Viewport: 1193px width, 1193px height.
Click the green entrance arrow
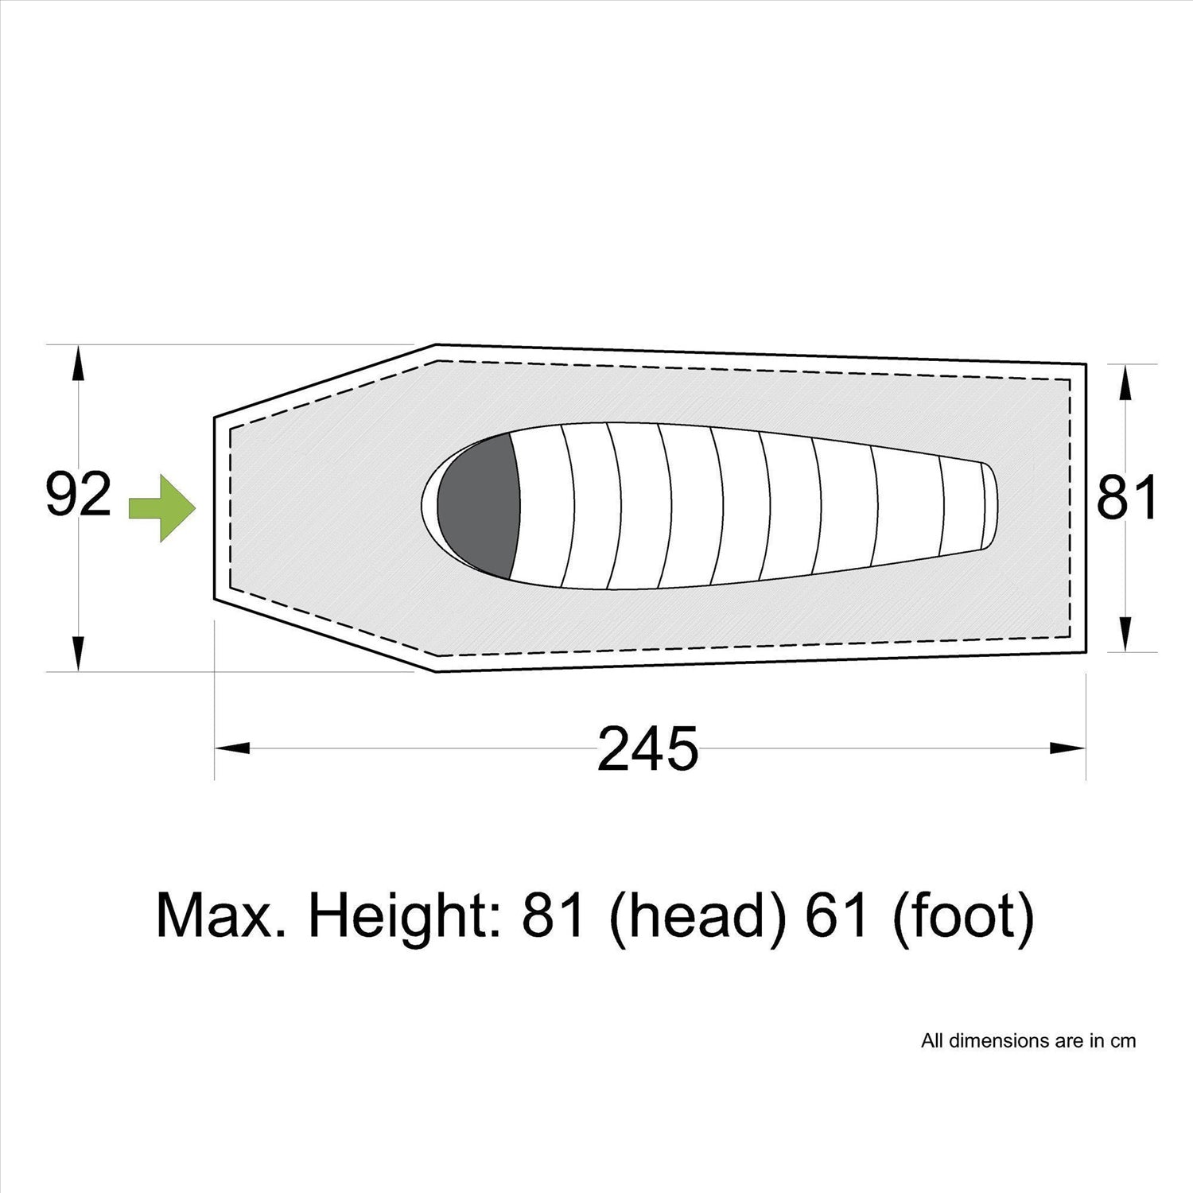pyautogui.click(x=162, y=509)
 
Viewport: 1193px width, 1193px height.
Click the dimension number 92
pyautogui.click(x=78, y=495)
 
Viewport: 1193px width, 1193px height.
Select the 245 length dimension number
pyautogui.click(x=647, y=749)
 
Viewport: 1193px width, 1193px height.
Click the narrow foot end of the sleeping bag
pyautogui.click(x=989, y=505)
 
